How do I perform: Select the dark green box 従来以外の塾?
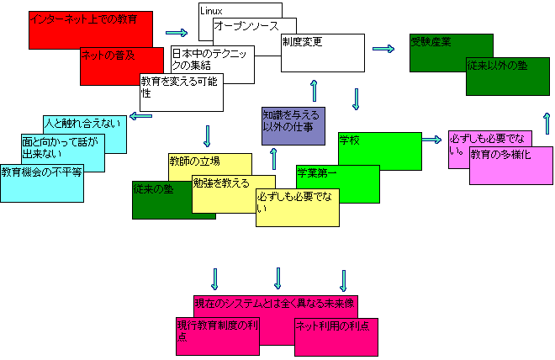click(508, 77)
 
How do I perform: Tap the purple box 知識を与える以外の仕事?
click(292, 126)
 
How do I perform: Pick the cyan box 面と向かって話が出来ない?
click(62, 151)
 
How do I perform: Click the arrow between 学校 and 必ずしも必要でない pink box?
click(432, 140)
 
